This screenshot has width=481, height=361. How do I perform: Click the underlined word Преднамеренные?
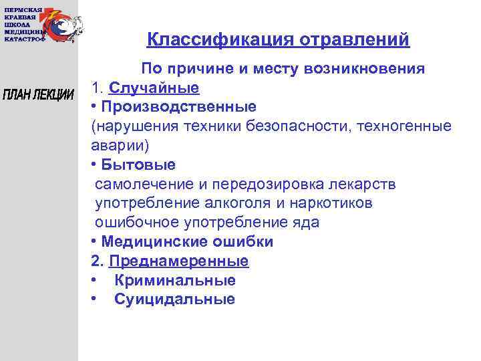point(178,261)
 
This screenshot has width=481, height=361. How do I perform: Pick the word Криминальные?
point(174,281)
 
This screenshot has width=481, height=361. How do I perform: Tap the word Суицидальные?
point(174,299)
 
